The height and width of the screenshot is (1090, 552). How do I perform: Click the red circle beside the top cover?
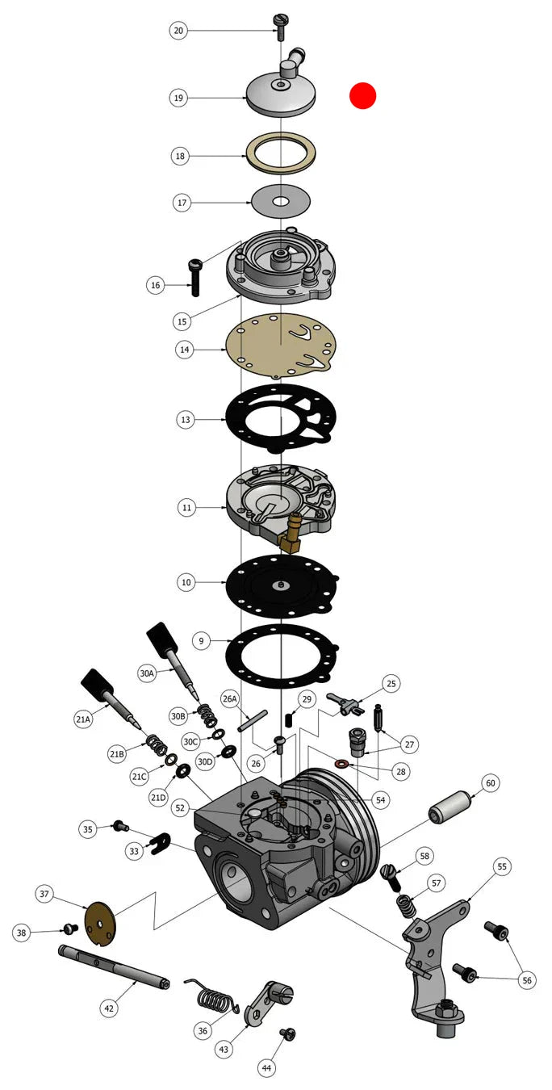(x=363, y=95)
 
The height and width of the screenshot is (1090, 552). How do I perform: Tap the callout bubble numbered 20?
(x=178, y=31)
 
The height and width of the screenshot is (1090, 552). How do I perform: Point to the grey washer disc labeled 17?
(x=281, y=201)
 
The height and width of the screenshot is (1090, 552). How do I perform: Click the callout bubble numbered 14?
(x=184, y=350)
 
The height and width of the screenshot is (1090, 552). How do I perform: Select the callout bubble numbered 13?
(x=186, y=420)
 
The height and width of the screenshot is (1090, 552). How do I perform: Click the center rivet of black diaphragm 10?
(x=281, y=585)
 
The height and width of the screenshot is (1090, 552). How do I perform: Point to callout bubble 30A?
(x=147, y=673)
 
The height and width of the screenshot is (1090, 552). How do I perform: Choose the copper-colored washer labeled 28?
(x=341, y=761)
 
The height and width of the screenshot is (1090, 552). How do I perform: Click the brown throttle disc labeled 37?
(x=101, y=924)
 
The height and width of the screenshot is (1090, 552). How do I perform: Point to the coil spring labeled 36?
(x=212, y=995)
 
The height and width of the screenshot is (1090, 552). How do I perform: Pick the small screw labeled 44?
(x=288, y=1033)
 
